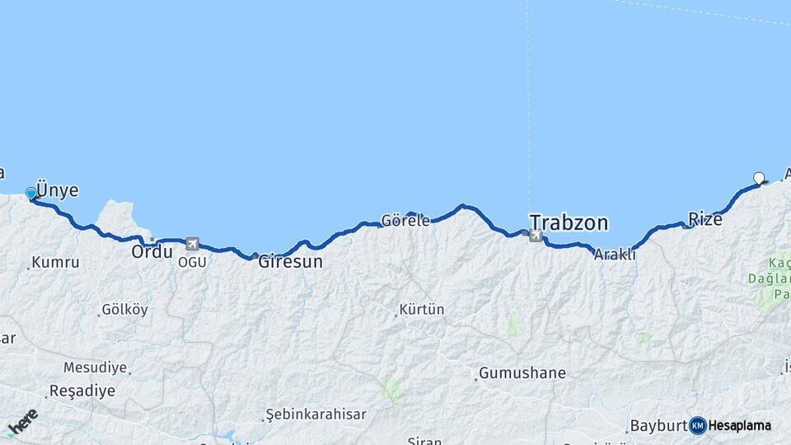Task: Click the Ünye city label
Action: click(58, 190)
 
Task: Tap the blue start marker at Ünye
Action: click(31, 193)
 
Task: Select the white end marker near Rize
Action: click(759, 177)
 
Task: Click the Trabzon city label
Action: click(569, 222)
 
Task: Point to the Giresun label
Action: click(290, 262)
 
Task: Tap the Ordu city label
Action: click(152, 252)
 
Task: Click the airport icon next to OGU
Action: click(192, 244)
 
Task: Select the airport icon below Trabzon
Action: click(536, 237)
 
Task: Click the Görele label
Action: click(405, 221)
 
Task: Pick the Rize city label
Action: click(705, 219)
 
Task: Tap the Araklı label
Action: click(615, 255)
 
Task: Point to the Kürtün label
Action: click(421, 310)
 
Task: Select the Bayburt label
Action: click(658, 426)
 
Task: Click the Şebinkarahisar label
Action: click(315, 414)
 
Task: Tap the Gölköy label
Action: click(124, 310)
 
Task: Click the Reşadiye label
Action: click(82, 391)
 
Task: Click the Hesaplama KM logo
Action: click(730, 425)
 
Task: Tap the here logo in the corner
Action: click(21, 422)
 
